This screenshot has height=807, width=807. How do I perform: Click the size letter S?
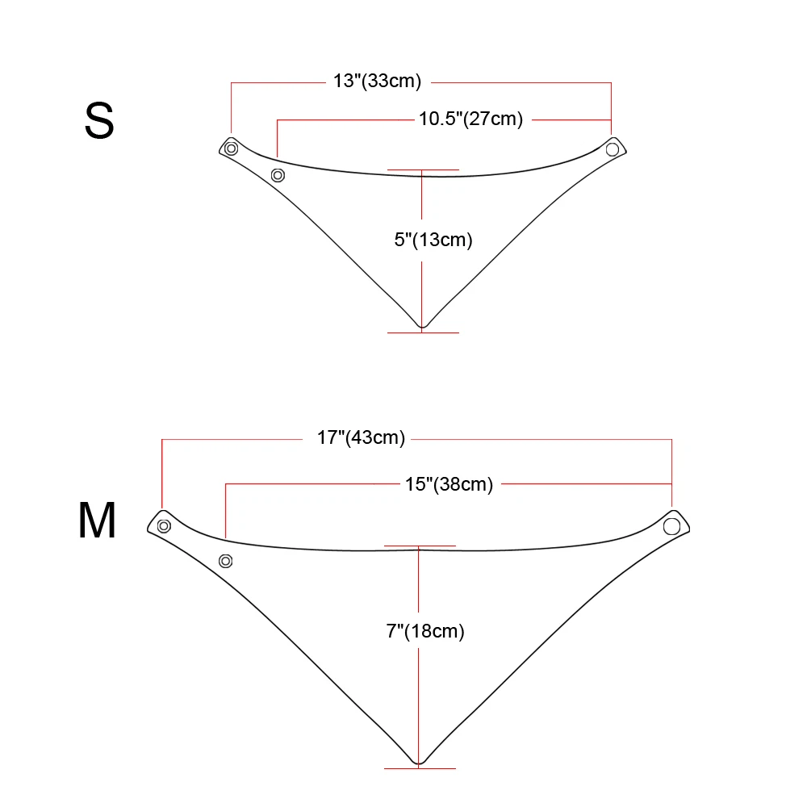coord(99,122)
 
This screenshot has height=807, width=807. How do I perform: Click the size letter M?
coord(98,521)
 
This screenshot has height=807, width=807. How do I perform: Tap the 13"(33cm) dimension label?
coord(377,82)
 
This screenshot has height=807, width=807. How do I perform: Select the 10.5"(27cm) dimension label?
coord(470,119)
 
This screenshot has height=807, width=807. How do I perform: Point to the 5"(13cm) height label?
coord(433,239)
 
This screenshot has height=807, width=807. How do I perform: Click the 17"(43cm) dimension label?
coord(361,438)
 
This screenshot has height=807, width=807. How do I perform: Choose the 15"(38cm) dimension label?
coord(449,483)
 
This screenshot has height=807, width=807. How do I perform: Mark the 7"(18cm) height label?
coord(425,631)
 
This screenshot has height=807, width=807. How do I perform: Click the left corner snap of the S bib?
coord(232,148)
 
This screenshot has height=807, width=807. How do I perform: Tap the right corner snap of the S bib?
coord(613,149)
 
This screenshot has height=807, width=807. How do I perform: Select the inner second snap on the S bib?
coord(278,174)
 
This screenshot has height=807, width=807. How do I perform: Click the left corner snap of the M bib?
coord(164,526)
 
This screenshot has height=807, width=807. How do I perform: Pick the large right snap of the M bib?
coord(671,527)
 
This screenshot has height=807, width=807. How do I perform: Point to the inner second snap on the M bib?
coord(226,561)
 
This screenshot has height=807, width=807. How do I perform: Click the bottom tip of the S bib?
coord(422,327)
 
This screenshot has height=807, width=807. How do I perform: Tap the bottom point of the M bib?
coord(419,762)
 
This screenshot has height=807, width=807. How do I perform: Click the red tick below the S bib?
coord(423,332)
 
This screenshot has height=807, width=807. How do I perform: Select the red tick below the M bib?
coord(420,767)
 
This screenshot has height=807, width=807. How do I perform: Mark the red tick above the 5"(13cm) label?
coord(423,170)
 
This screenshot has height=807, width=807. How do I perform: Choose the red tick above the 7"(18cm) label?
coord(420,546)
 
